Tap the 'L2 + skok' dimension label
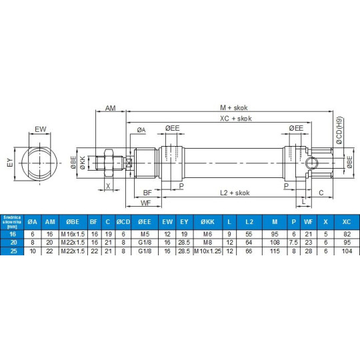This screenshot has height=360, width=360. (234, 192)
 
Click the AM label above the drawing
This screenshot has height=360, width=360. (111, 107)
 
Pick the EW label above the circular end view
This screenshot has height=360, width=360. (40, 129)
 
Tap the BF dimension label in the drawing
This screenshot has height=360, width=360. (147, 192)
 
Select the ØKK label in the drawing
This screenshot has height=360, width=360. (83, 161)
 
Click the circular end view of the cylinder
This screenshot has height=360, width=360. (40, 162)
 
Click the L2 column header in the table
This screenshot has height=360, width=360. (249, 221)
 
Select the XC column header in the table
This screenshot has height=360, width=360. (345, 221)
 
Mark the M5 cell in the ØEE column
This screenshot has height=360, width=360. (143, 235)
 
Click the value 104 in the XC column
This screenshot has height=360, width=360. (345, 251)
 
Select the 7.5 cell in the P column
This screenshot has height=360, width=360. (293, 243)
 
